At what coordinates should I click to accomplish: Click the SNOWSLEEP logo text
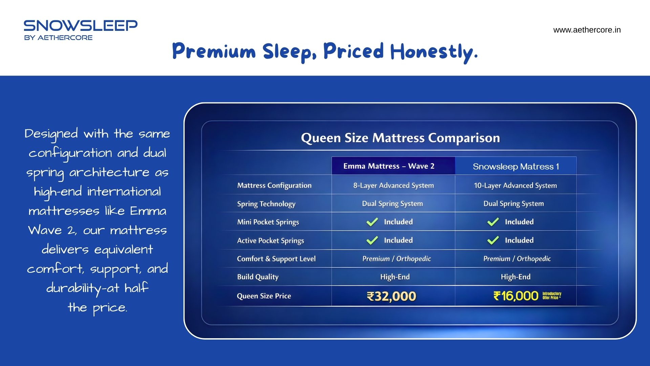81,26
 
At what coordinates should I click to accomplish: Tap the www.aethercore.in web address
587,30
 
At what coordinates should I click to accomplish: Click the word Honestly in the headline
434,52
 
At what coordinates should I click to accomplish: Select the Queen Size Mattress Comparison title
400,138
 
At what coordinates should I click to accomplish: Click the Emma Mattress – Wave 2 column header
389,166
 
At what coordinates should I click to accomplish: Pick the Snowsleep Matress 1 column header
516,166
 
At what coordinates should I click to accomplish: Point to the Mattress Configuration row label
274,185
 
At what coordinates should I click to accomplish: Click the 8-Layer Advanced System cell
393,185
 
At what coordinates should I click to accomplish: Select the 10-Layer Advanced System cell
515,185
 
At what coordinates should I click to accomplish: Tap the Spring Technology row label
266,204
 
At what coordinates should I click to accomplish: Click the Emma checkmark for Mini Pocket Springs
372,222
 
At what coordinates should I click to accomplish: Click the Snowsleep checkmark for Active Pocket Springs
493,240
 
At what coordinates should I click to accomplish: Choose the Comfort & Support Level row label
276,259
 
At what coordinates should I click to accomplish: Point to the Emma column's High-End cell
395,277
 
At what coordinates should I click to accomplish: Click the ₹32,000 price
391,296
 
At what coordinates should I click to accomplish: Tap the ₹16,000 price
516,296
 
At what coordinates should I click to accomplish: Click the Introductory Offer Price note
552,296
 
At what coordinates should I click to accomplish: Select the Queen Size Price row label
264,296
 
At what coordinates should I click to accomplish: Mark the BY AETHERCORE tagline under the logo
58,38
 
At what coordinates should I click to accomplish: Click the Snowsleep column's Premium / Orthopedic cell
517,259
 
